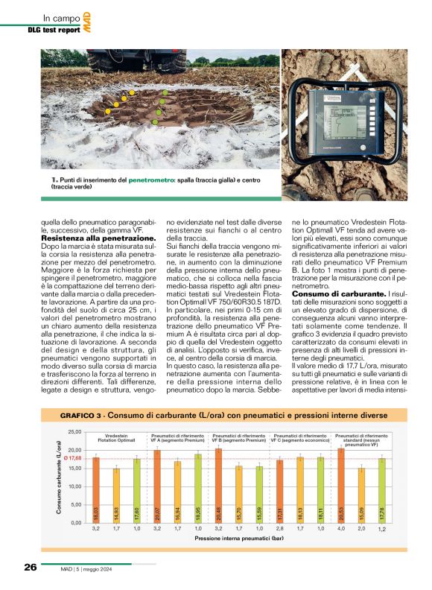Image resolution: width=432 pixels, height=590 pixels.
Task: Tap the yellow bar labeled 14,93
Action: [x=116, y=496]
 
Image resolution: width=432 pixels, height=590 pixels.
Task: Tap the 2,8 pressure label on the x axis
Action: [x=280, y=528]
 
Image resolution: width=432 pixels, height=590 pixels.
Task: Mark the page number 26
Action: [x=30, y=566]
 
